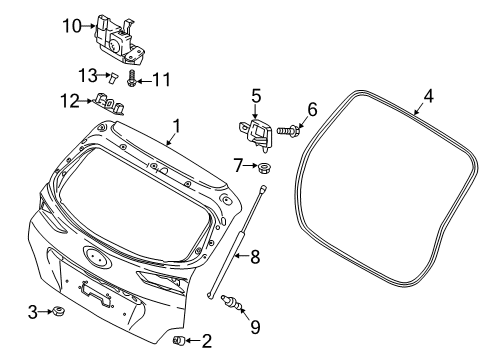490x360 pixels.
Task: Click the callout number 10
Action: [72, 26]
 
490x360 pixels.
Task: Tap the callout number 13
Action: [88, 75]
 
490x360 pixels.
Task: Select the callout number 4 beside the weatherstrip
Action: [428, 96]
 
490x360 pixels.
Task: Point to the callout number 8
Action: [255, 257]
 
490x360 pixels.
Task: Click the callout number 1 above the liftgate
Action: [176, 126]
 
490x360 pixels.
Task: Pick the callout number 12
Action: [70, 101]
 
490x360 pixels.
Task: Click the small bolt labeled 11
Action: [131, 78]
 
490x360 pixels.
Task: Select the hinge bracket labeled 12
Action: [109, 104]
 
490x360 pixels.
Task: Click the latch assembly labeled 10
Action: [118, 40]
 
